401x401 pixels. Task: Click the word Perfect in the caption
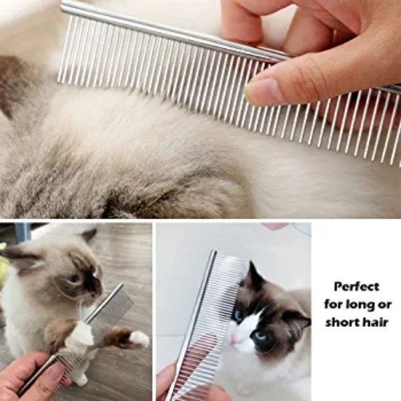(x=357, y=286)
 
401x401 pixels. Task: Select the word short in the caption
(x=340, y=321)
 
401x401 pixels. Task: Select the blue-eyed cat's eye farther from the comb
(x=261, y=337)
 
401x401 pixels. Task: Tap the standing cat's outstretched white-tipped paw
(x=137, y=338)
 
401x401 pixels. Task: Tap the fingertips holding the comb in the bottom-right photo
(x=166, y=380)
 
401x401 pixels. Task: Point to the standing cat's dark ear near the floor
(x=89, y=235)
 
